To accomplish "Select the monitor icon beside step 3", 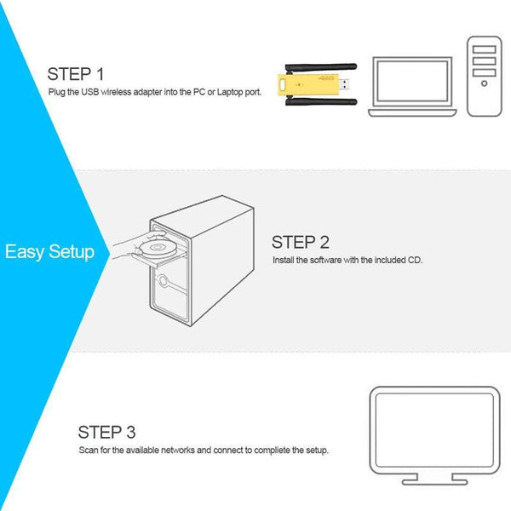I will click(434, 429).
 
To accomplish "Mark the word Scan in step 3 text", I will click(88, 449).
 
